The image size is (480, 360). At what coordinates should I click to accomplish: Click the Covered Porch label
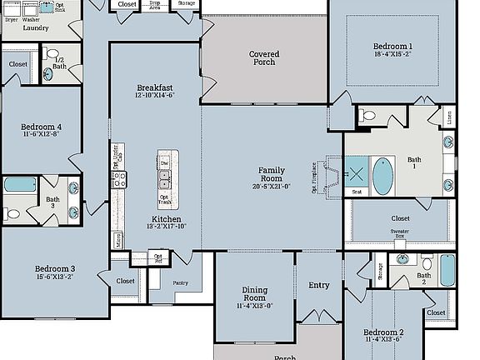264,58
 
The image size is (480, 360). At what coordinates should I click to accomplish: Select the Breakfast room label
155,87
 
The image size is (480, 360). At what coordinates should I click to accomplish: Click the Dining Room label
254,293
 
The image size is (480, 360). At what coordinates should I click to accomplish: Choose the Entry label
319,285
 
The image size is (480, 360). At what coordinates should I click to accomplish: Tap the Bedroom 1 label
393,46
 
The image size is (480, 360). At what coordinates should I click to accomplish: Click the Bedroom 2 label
383,332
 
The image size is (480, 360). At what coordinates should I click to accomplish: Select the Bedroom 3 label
55,269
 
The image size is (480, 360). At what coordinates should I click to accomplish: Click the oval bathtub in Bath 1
382,175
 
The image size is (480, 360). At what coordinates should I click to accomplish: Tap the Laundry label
35,27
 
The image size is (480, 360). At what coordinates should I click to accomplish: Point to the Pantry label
182,283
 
